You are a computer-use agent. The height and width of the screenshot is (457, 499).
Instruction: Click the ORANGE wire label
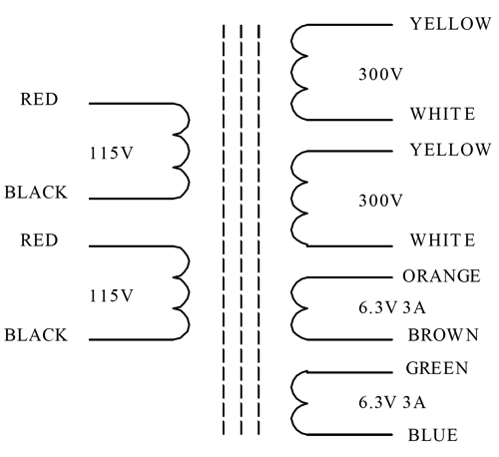(x=441, y=276)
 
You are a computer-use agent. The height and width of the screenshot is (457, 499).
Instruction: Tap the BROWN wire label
(x=443, y=335)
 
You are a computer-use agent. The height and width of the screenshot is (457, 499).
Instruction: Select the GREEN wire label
(x=437, y=368)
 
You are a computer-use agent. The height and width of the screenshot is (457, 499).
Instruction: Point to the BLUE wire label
(x=433, y=435)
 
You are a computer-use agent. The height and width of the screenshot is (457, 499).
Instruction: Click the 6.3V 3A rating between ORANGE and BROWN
(x=392, y=307)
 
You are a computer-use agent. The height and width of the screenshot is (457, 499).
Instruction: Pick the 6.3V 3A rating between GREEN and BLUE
(x=392, y=402)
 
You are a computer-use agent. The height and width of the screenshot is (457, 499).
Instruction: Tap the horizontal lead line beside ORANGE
(x=349, y=277)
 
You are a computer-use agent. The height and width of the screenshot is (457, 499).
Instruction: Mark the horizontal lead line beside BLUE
(x=349, y=435)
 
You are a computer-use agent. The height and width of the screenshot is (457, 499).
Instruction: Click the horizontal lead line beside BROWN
(x=349, y=339)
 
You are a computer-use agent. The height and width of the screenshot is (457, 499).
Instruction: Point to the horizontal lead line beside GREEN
(x=349, y=372)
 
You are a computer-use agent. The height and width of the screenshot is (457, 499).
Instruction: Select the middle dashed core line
(x=242, y=229)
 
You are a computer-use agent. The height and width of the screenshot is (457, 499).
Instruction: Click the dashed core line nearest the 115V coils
(x=224, y=229)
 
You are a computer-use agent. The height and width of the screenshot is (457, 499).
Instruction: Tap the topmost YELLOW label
(x=450, y=24)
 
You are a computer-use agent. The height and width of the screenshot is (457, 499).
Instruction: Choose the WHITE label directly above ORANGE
(x=442, y=240)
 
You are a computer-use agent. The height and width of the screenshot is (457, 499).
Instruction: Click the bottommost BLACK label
(x=36, y=335)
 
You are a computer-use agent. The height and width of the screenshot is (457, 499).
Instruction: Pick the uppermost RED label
(x=39, y=99)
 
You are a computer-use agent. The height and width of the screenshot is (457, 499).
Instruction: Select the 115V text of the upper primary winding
(x=112, y=153)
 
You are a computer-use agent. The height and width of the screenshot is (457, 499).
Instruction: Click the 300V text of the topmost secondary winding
(x=380, y=74)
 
